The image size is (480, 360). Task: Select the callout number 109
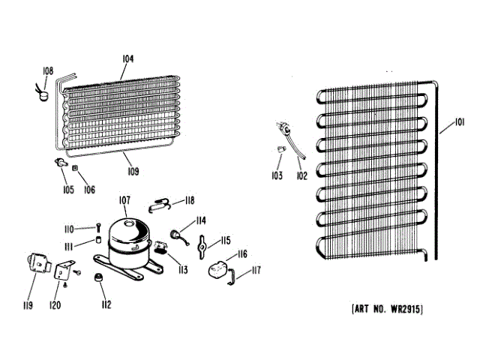[x=132, y=172]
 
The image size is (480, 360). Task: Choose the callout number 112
[x=106, y=304]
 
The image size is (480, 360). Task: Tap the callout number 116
[x=242, y=255]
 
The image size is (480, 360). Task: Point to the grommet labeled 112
[x=97, y=279]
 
